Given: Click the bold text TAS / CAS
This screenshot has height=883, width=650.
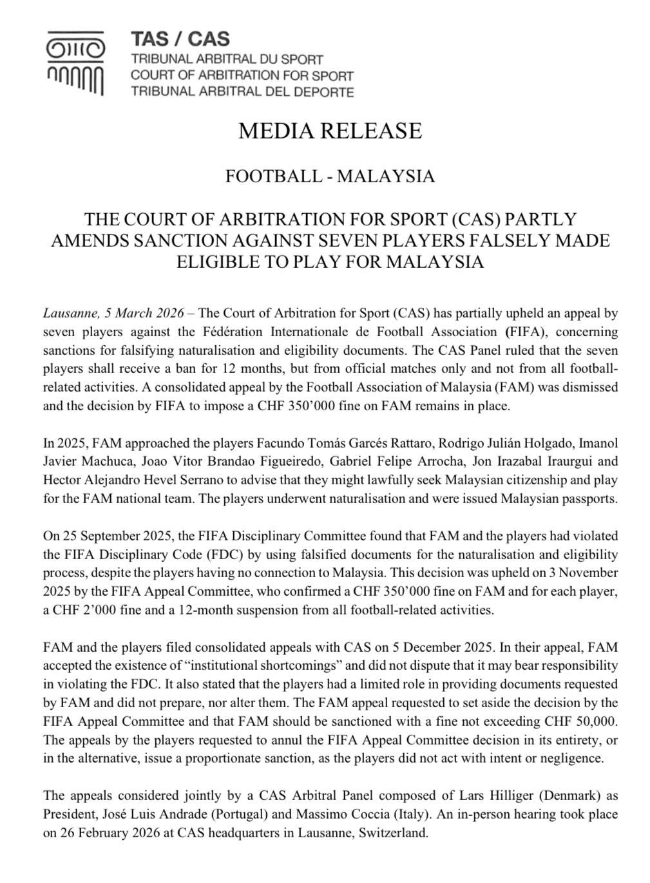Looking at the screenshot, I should point(180,39).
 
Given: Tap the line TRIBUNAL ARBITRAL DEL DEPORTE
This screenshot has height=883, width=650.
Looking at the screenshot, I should point(242,91).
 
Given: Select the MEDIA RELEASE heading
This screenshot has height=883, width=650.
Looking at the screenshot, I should point(330,131).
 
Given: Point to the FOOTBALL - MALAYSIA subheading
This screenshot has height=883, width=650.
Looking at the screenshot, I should point(330,176).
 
